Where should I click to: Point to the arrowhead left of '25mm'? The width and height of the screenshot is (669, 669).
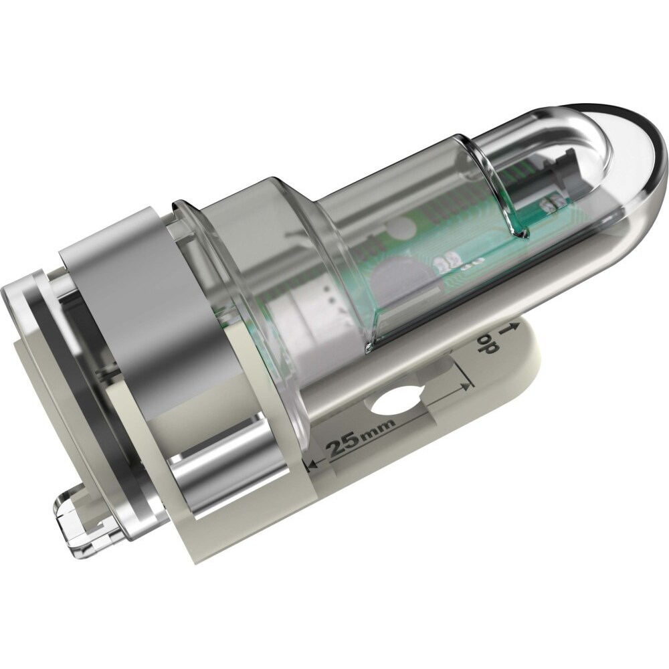(x=313, y=463)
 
